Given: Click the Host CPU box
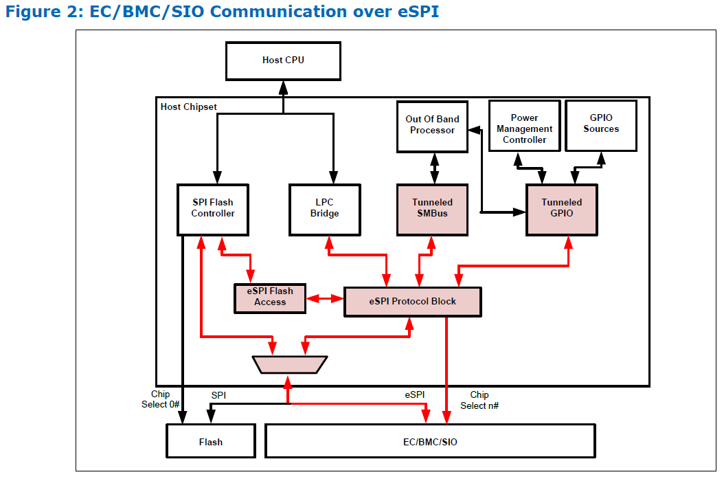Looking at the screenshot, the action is point(283,61).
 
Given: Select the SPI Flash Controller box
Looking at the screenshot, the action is point(213,210).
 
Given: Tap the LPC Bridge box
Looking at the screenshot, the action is point(325,210).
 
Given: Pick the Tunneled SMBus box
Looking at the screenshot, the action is point(432,210).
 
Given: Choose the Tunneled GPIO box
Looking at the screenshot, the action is point(561,210).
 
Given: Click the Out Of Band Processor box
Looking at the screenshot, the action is point(432,126).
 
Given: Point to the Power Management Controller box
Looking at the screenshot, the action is point(525,126).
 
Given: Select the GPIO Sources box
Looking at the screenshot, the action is point(601,126).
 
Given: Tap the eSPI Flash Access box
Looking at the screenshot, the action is point(270,298).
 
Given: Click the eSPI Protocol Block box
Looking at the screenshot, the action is point(413,302).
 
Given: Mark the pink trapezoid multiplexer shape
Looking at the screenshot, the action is point(290,364).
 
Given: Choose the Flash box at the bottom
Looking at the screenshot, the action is point(211,441).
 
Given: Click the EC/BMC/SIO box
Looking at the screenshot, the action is point(430,441).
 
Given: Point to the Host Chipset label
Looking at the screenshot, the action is point(188,107).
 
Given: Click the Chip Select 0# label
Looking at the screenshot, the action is point(160,399).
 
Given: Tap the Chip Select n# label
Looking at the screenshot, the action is point(479,400).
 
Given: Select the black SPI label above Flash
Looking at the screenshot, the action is point(218,395).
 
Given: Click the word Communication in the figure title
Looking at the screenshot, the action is point(278,12).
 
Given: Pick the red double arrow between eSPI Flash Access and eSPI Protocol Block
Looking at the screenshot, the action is point(325,299).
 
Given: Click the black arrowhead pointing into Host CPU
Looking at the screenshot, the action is point(283,88).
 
